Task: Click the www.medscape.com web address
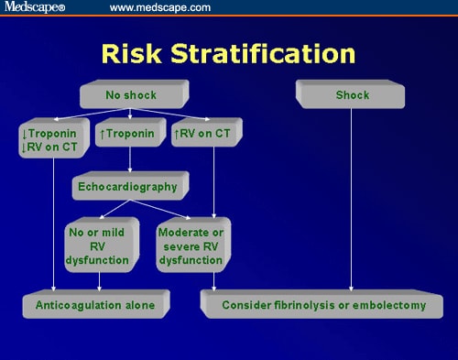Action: [159, 8]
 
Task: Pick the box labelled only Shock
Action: [351, 93]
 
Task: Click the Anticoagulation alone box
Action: [94, 303]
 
